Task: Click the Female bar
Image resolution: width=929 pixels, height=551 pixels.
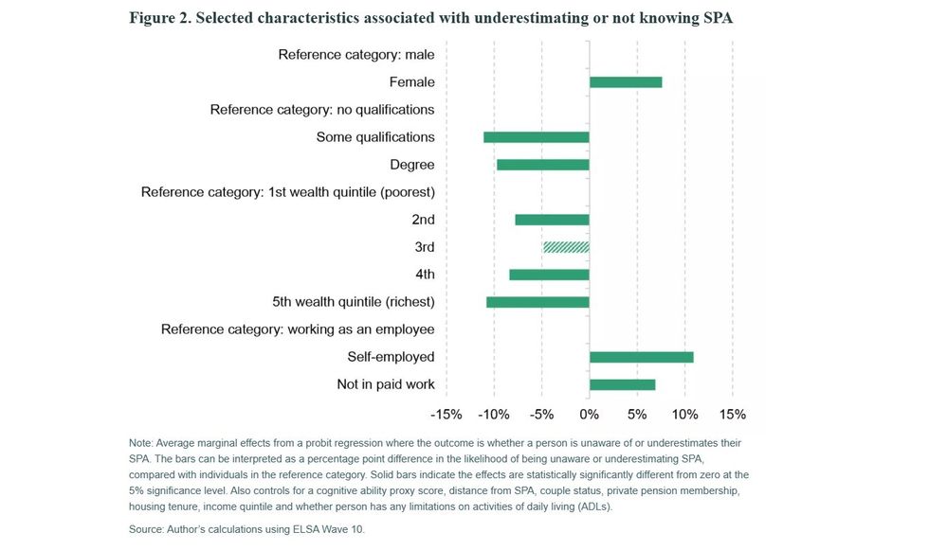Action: click(x=626, y=82)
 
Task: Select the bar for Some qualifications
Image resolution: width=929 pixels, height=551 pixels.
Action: click(x=537, y=137)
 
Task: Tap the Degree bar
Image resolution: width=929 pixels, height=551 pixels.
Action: click(x=543, y=165)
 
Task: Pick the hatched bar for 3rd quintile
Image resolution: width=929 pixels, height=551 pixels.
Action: click(x=566, y=247)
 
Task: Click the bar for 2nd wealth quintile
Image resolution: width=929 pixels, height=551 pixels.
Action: click(x=553, y=220)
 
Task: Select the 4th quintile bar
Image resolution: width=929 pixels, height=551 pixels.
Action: click(x=549, y=275)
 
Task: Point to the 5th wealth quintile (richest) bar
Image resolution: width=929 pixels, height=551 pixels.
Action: click(x=537, y=302)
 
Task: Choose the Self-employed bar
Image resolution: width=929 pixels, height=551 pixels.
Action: click(x=642, y=357)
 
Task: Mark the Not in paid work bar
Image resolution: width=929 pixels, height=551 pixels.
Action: click(x=623, y=384)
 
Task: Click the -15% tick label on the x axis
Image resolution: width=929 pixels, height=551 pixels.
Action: click(x=446, y=415)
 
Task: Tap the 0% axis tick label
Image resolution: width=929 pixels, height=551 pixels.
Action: click(x=590, y=415)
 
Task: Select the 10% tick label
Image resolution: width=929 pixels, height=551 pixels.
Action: click(x=684, y=415)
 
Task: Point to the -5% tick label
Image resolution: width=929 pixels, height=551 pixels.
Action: click(x=541, y=415)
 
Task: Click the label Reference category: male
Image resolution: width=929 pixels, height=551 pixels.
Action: click(x=356, y=55)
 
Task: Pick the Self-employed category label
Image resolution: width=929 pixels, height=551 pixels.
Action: click(x=391, y=357)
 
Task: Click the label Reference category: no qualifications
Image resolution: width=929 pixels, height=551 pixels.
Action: click(x=322, y=110)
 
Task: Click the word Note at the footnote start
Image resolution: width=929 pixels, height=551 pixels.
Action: click(x=140, y=443)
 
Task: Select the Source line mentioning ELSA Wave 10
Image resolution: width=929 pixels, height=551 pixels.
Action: click(x=246, y=529)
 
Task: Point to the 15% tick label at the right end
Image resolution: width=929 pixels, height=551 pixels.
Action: click(x=733, y=415)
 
